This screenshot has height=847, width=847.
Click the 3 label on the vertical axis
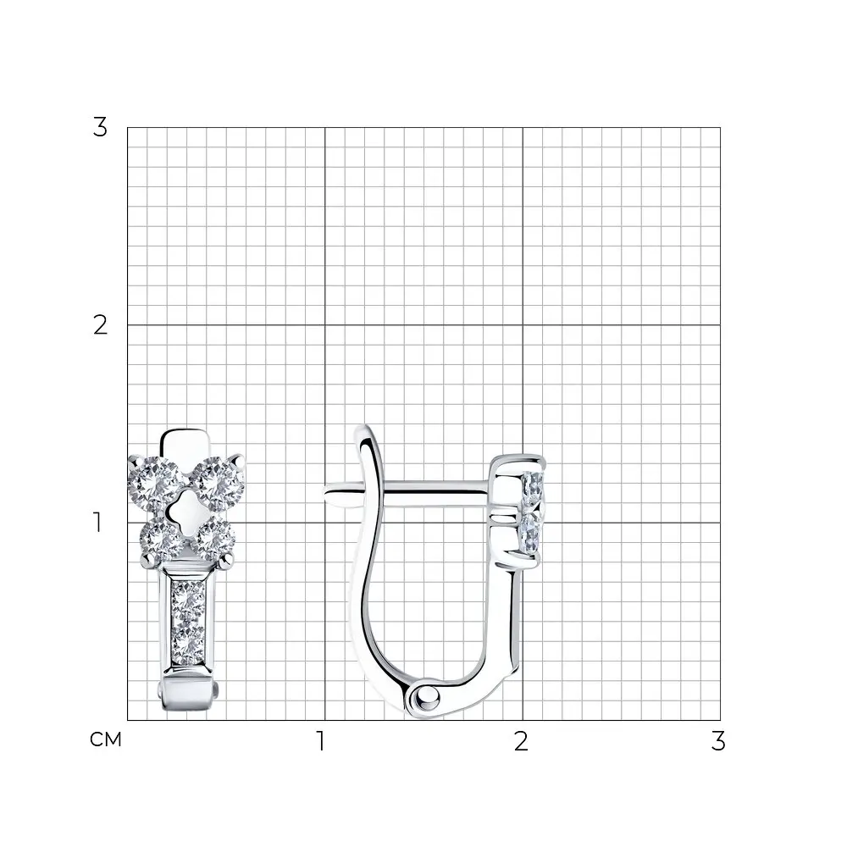[x=100, y=128]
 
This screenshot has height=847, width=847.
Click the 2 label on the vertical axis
[x=100, y=325]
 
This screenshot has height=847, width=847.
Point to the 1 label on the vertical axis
[x=97, y=523]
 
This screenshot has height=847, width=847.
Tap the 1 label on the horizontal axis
[x=321, y=741]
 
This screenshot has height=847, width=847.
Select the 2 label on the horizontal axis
[x=521, y=741]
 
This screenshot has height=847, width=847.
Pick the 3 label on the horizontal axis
[x=718, y=741]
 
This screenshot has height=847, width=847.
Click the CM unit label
[x=106, y=739]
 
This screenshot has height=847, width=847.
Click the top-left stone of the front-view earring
[x=155, y=483]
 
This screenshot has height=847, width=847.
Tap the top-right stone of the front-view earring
[x=219, y=484]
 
